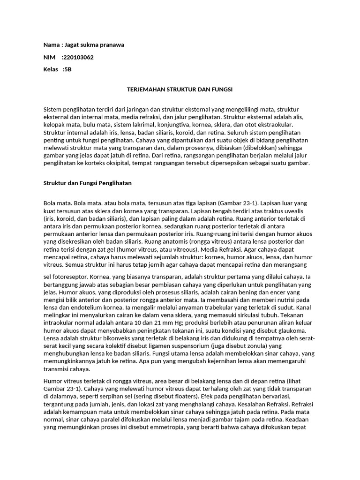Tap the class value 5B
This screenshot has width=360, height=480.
67,70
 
